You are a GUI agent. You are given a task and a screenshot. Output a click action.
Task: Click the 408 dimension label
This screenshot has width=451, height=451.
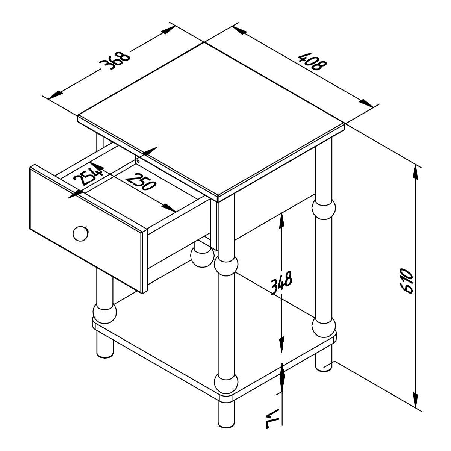[x=312, y=62]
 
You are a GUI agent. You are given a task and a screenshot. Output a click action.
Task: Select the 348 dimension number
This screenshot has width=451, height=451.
[x=281, y=283]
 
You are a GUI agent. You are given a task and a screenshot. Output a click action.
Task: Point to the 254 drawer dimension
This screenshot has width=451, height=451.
[x=88, y=175]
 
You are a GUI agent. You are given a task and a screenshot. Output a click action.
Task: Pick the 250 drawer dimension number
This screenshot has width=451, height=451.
[x=141, y=182]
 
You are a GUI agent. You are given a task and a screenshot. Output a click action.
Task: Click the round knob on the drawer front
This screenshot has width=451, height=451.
[x=81, y=233]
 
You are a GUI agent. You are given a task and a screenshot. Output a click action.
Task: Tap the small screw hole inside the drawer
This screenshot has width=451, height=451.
[x=138, y=161]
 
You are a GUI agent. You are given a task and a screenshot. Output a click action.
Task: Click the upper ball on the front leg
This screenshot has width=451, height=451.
[x=226, y=266]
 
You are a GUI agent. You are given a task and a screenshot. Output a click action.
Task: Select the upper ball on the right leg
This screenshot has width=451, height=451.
[x=324, y=209]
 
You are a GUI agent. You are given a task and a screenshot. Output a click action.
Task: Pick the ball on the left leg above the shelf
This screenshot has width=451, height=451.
[x=104, y=313]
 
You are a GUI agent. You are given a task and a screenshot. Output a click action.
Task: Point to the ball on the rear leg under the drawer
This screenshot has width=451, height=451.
[x=202, y=257]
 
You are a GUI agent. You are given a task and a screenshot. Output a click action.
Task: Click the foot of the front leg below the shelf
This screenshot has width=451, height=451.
[x=226, y=417]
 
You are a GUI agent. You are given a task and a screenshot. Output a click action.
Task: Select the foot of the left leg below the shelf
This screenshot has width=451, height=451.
[x=104, y=347]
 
